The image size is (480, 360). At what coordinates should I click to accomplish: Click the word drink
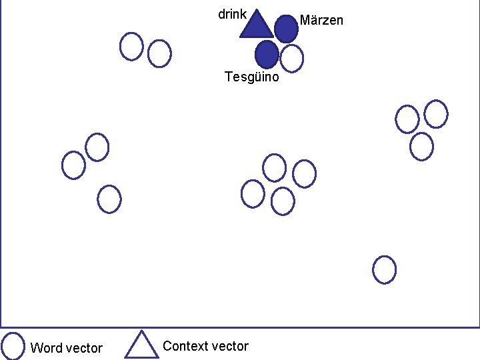[x=233, y=14]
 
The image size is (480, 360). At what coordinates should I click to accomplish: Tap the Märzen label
[x=321, y=20]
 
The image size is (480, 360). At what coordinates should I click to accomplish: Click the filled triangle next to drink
[x=256, y=25]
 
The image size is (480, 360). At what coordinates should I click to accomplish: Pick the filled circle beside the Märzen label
[x=286, y=28]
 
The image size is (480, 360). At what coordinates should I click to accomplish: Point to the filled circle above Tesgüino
[x=267, y=54]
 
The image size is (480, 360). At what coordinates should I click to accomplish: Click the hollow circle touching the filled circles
[x=291, y=58]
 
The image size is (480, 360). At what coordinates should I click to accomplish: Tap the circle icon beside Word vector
[x=13, y=345]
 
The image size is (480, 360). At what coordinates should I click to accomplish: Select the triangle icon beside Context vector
[x=141, y=345]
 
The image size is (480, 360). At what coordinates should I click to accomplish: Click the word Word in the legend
[x=45, y=348]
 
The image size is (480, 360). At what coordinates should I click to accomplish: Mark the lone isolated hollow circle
[x=384, y=269]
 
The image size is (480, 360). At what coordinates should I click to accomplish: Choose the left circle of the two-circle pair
[x=131, y=46]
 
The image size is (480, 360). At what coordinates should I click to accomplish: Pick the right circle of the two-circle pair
[x=159, y=53]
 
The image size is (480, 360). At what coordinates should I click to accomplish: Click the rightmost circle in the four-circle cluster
[x=304, y=173]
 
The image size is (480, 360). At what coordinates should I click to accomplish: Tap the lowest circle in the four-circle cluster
[x=283, y=201]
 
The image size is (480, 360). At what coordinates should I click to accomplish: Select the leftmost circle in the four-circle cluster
[x=253, y=193]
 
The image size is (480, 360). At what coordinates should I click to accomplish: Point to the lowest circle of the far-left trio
[x=109, y=199]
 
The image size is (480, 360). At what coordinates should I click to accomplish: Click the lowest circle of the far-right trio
[x=421, y=146]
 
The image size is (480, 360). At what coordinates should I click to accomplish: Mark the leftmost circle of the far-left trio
[x=73, y=165]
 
